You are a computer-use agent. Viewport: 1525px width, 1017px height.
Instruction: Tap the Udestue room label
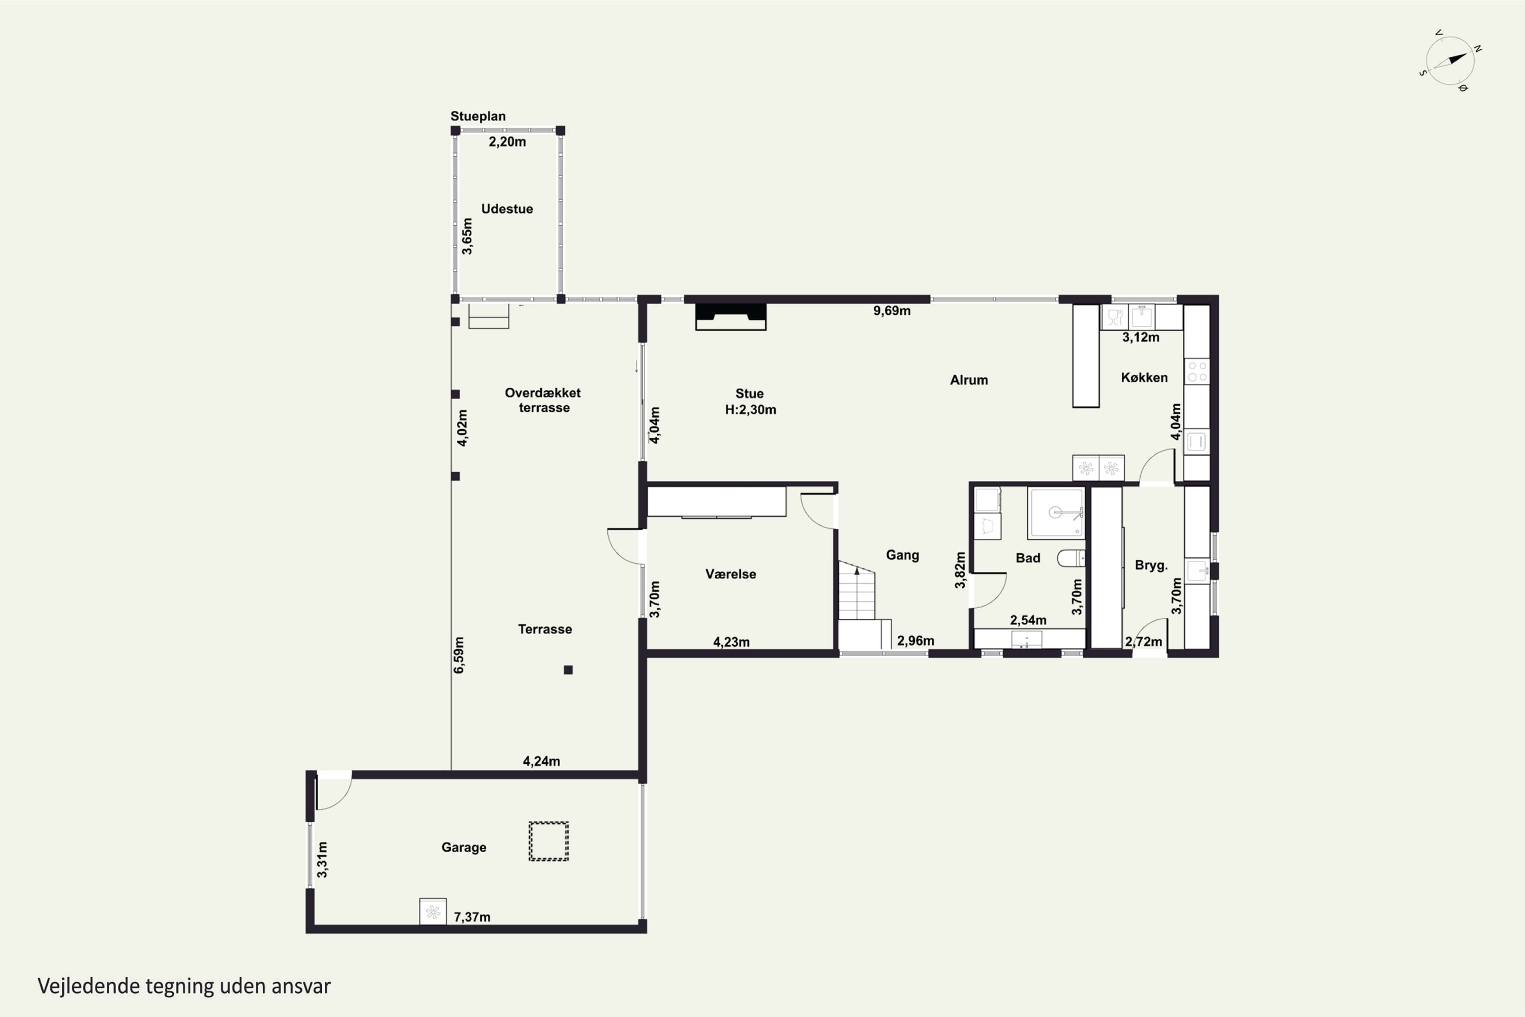[x=507, y=209]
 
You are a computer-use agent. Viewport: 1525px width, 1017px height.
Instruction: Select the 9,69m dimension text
[x=892, y=311]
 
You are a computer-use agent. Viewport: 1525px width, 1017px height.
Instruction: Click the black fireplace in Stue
[x=731, y=316]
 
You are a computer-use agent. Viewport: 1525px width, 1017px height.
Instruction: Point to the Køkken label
[x=1144, y=377]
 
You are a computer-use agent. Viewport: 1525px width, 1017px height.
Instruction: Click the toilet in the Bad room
[x=1071, y=558]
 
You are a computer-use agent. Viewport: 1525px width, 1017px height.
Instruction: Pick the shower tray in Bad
[x=1056, y=513]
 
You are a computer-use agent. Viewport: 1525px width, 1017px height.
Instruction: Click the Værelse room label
[x=731, y=574]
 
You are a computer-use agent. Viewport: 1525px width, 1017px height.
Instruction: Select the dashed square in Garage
[x=548, y=841]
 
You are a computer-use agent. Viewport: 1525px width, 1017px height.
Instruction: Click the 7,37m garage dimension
[x=472, y=917]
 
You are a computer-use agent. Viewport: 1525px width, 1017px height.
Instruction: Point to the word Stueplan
[x=478, y=116]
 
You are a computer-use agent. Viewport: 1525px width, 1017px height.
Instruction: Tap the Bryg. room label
[x=1151, y=565]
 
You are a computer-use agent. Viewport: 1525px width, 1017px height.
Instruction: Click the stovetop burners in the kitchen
[x=1197, y=372]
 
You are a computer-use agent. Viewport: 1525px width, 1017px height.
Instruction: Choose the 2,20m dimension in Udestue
[x=507, y=142]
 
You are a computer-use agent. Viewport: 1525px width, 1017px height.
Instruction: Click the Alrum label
[x=969, y=380]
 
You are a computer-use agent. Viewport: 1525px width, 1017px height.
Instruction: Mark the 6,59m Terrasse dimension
[x=459, y=655]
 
